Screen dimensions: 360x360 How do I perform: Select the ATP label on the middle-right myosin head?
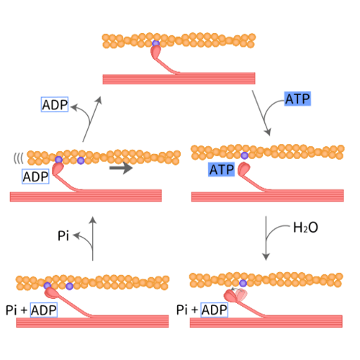[x=221, y=170]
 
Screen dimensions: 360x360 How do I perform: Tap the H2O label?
[x=305, y=228]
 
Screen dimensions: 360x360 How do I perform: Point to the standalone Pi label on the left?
[x=63, y=235]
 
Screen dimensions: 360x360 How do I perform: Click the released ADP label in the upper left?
[x=55, y=104]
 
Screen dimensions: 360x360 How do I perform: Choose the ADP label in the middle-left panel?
[x=35, y=176]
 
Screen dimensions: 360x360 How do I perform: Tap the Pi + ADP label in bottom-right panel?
[x=202, y=310]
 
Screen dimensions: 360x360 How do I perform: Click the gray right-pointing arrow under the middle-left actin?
[x=121, y=171]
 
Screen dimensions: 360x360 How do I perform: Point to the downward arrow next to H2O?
[x=269, y=241]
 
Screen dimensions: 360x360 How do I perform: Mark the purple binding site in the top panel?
[x=155, y=45]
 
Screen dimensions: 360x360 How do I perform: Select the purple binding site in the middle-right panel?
[x=245, y=156]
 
